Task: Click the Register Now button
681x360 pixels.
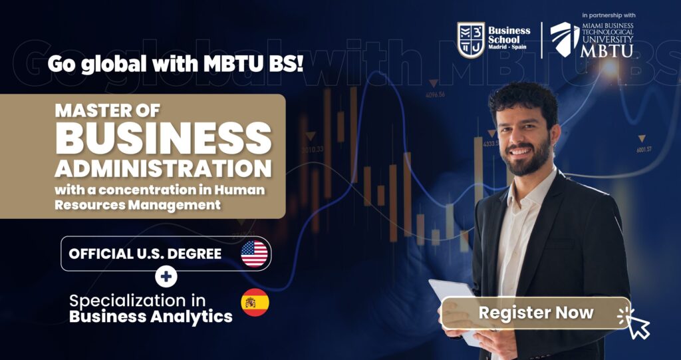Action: (535, 313)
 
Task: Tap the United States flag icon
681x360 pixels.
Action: (254, 254)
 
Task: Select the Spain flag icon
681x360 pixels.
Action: (255, 302)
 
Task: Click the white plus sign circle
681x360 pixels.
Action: (166, 277)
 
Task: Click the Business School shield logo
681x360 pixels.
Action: (471, 40)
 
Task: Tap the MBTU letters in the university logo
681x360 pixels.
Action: (607, 51)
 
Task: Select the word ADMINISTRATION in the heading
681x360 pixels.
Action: (163, 170)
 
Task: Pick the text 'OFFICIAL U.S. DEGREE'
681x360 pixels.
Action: (145, 254)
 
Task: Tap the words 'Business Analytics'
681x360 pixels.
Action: (151, 317)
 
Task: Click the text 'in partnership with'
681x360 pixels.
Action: (609, 15)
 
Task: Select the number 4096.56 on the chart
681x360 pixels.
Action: (435, 94)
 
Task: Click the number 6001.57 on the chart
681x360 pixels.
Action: (644, 150)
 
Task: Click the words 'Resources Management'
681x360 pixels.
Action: (138, 204)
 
